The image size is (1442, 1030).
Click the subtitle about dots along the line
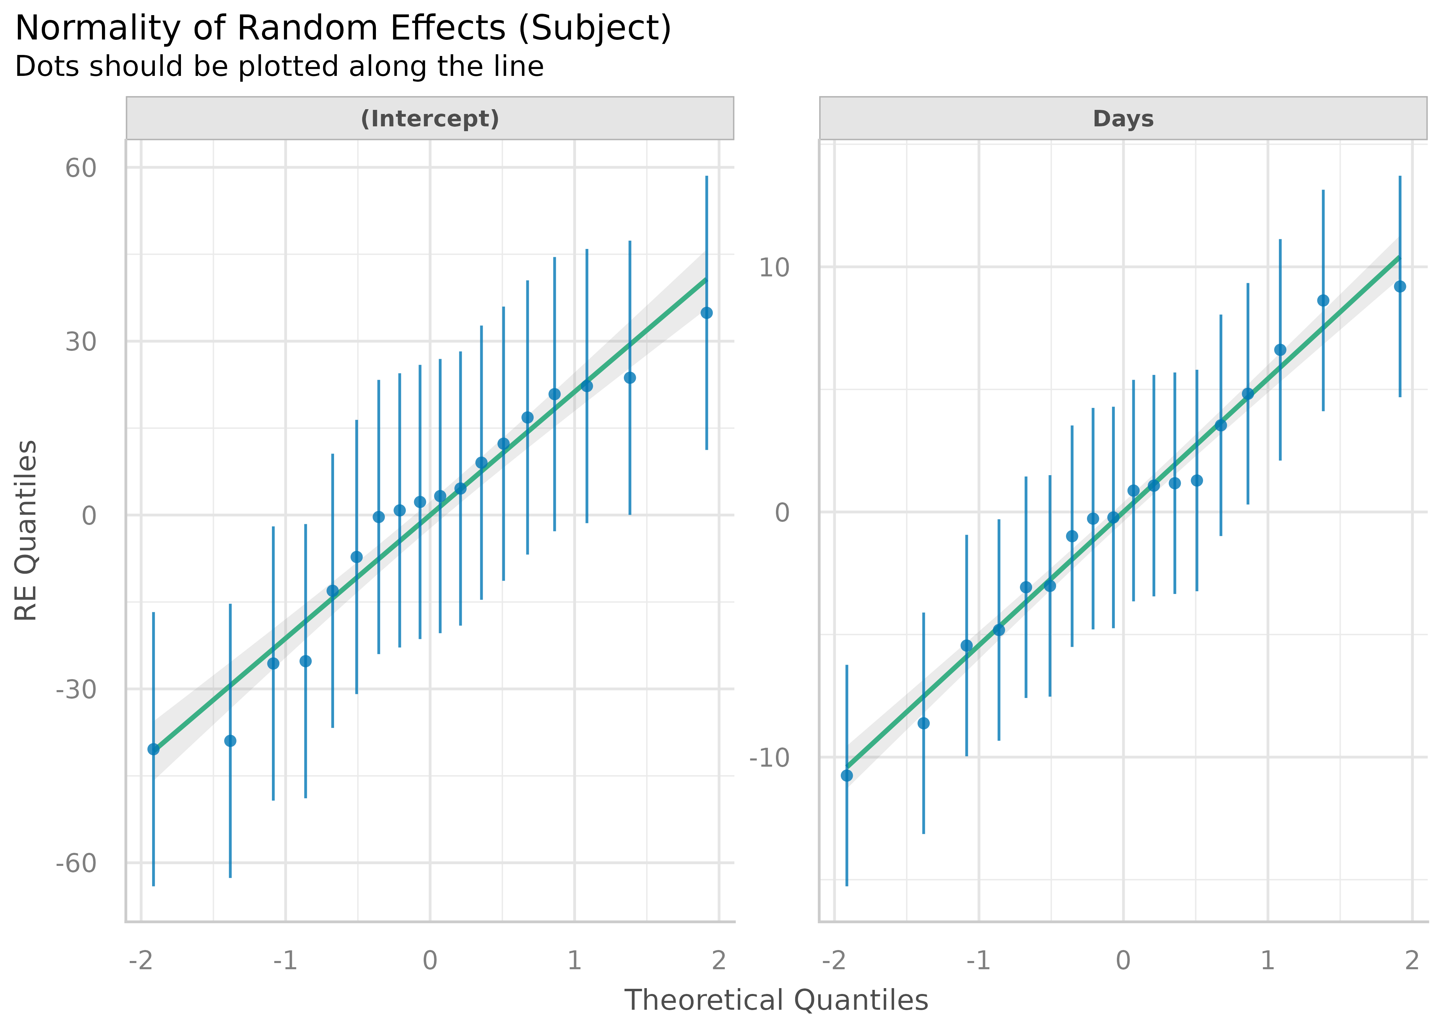(x=279, y=67)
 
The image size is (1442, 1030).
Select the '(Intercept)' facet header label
(x=430, y=118)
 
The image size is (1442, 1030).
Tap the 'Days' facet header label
(x=1123, y=118)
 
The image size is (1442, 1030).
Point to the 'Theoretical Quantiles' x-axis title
(x=776, y=1000)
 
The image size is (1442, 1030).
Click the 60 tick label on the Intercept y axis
(x=81, y=168)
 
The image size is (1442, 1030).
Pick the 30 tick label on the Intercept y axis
(x=81, y=342)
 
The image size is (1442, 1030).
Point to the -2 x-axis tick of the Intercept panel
(x=141, y=961)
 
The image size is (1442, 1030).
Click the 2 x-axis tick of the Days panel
(x=1411, y=961)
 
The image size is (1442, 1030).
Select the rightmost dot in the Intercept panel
(x=707, y=313)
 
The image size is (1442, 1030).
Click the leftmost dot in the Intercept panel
(x=153, y=749)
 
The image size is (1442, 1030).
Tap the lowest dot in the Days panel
(x=847, y=775)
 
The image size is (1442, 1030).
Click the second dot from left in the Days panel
(x=923, y=723)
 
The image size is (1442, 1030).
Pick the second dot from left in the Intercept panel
(x=230, y=741)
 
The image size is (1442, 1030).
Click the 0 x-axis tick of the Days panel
(x=1123, y=961)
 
